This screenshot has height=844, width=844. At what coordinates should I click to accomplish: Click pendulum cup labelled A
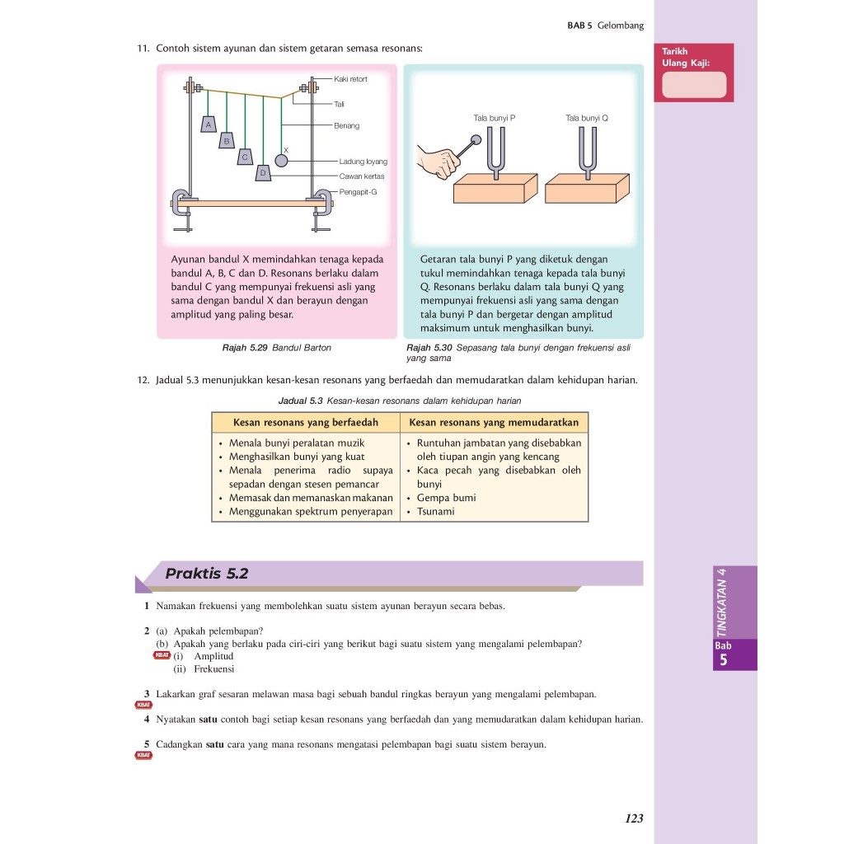[x=209, y=124]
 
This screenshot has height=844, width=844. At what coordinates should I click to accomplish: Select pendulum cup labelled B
[x=227, y=142]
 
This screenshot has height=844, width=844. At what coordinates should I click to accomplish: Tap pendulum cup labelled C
[x=245, y=157]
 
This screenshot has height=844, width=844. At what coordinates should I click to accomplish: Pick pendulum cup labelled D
[x=263, y=173]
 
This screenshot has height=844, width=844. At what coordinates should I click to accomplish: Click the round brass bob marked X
[x=282, y=161]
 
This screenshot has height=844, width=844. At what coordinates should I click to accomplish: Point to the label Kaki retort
[x=351, y=79]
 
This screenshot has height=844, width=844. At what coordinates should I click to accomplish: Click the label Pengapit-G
[x=358, y=191]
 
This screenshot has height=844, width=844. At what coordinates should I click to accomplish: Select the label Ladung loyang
[x=363, y=162]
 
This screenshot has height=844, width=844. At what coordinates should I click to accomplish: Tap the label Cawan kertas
[x=362, y=176]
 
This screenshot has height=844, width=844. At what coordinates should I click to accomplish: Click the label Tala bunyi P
[x=495, y=118]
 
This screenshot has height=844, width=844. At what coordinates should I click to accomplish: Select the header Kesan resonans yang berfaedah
[x=306, y=423]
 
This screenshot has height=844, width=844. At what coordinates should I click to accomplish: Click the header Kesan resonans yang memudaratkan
[x=495, y=423]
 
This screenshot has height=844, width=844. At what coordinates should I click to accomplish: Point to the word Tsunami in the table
[x=436, y=512]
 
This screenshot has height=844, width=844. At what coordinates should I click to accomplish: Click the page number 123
[x=634, y=818]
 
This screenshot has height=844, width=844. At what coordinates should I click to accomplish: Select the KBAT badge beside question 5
[x=144, y=755]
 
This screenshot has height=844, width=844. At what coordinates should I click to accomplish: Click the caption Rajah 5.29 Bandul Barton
[x=277, y=348]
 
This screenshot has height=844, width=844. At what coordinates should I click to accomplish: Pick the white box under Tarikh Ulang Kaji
[x=694, y=85]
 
